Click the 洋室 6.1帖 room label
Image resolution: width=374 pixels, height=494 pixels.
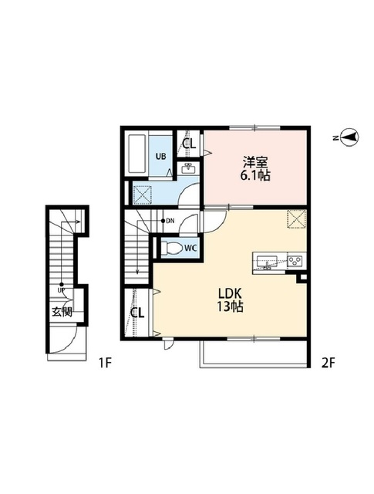pos(255,169)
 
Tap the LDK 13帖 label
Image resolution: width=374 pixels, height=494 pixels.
pos(230,300)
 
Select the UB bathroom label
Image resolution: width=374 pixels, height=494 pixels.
pos(161,156)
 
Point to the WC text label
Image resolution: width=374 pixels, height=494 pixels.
pos(190,248)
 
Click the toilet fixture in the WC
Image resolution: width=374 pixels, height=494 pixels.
pos(171,248)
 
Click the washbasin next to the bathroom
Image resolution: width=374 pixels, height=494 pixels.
pos(188,168)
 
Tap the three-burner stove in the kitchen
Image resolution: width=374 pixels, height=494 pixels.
pos(295,260)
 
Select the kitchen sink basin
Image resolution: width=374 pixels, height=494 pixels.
pos(267,261)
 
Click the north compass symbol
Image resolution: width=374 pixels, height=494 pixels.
pos(349,137)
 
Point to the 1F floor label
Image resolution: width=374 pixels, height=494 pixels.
pos(105,363)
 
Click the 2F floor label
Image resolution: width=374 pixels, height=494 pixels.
pos(328,363)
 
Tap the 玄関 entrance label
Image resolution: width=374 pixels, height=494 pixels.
pos(62,312)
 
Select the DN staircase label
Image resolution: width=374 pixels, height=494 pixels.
pos(170,221)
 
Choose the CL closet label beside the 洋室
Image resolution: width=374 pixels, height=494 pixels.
pos(189,144)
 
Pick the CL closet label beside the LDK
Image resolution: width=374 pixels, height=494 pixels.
pos(137,313)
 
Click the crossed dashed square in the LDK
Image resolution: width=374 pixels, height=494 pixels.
pos(296,218)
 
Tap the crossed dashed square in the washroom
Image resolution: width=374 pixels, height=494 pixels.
pos(143,195)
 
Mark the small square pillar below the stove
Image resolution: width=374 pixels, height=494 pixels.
pos(303,278)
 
